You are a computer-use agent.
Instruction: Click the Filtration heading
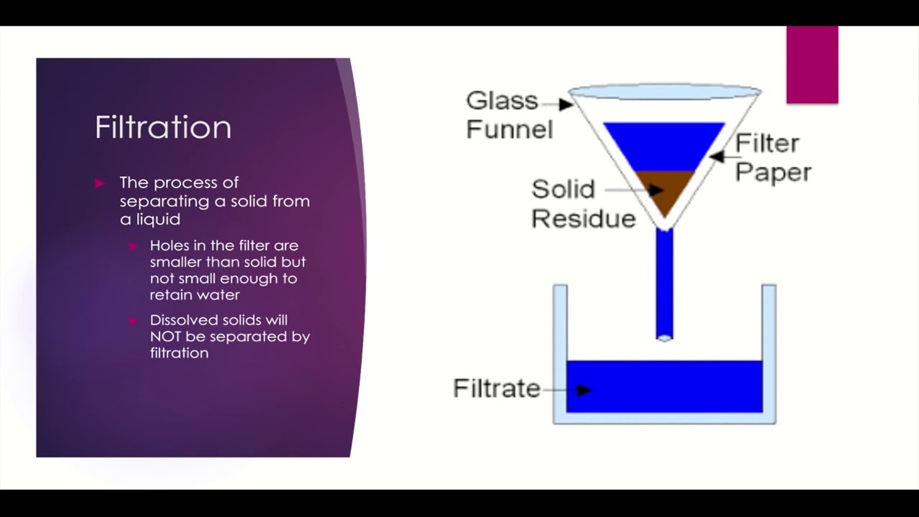[163, 128]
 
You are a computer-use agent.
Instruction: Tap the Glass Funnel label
[506, 114]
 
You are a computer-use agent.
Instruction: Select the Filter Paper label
[771, 157]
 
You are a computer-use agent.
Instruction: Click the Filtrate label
[496, 388]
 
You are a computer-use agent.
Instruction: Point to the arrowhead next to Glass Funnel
[566, 104]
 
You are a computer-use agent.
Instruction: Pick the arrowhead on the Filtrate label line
[584, 390]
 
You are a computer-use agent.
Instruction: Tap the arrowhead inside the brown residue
[655, 190]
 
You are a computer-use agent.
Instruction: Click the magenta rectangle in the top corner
[812, 65]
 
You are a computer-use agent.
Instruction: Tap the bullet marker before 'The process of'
[100, 183]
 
